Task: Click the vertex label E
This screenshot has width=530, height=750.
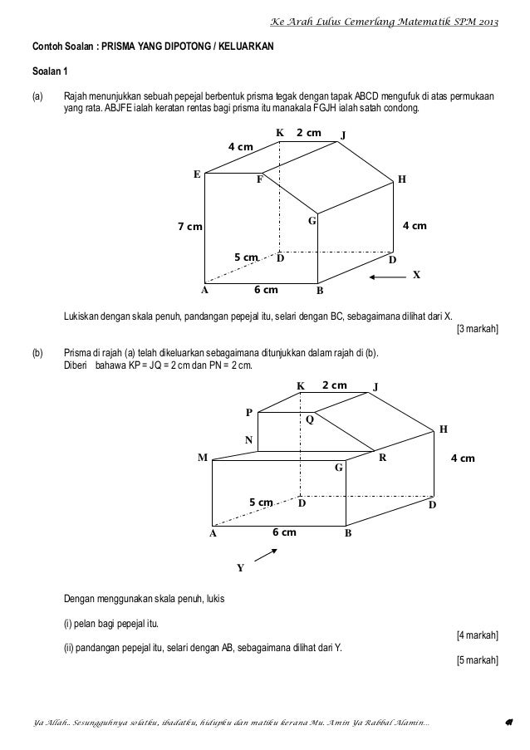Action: [197, 174]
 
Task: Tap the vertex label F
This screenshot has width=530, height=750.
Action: [259, 179]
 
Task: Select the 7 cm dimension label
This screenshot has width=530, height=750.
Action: [190, 226]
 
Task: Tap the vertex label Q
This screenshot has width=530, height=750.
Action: [310, 419]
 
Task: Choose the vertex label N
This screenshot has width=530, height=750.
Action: [247, 440]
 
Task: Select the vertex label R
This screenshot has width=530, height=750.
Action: [382, 458]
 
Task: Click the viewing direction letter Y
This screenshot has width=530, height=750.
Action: [240, 568]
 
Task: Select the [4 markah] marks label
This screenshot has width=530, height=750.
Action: [478, 635]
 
